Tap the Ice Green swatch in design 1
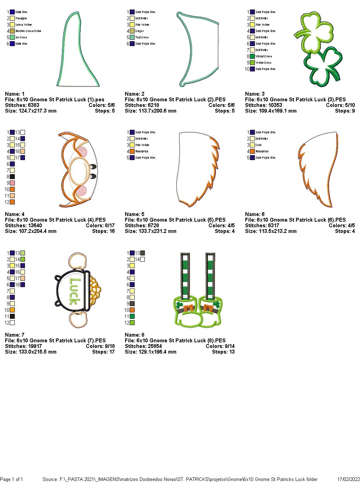13,37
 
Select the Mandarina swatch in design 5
132,151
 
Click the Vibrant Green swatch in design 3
252,56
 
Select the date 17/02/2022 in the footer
348,479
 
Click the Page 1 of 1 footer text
12,479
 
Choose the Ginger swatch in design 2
132,31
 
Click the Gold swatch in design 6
252,145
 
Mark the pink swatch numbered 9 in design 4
13,183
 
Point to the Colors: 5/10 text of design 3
340,105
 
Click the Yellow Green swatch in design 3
252,63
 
